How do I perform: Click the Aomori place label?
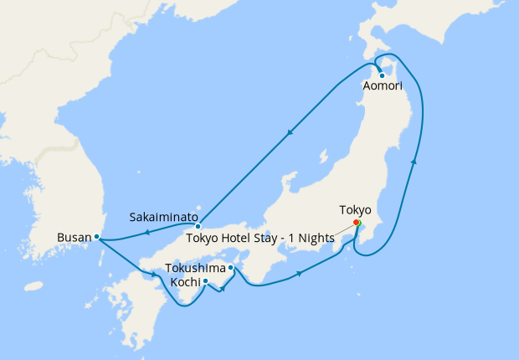383,86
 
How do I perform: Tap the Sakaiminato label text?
163,217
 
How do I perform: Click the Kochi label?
184,282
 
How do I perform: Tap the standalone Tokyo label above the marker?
355,209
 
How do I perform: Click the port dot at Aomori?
383,75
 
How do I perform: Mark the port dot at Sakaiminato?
198,226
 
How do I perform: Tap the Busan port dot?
97,237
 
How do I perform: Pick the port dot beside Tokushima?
230,269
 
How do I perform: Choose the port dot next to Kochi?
205,282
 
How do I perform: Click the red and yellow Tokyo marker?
356,223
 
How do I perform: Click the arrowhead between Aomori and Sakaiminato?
290,132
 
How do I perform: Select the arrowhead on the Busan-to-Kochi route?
155,274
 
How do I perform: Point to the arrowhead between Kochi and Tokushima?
223,289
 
